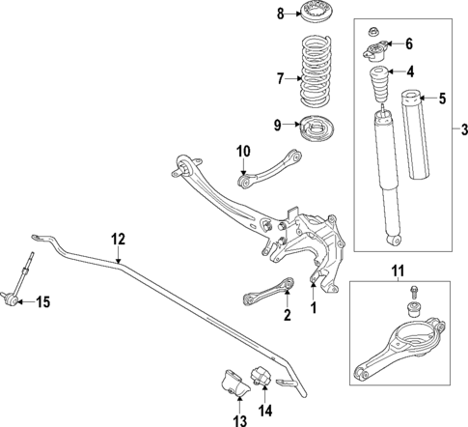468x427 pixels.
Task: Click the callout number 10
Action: click(x=243, y=150)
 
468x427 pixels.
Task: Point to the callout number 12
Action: click(x=118, y=239)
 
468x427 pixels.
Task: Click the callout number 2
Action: click(x=287, y=315)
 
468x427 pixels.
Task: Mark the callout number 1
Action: click(x=312, y=309)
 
